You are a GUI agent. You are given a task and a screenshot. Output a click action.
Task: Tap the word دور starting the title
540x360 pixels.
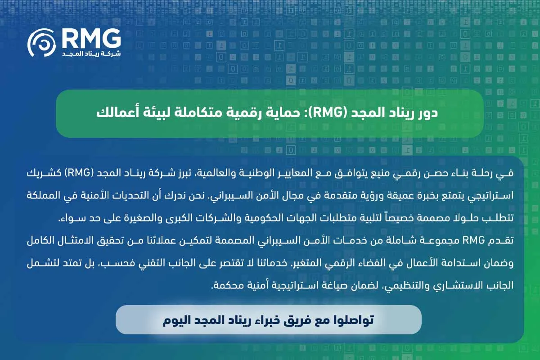(x=428, y=113)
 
